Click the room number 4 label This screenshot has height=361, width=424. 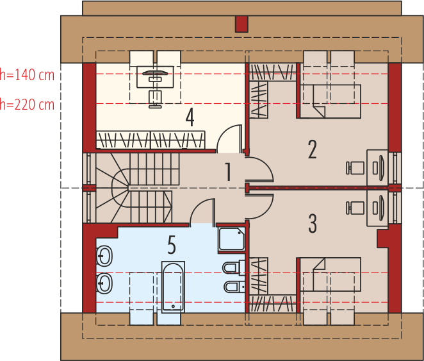pyautogui.click(x=190, y=117)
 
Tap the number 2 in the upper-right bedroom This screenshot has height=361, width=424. pyautogui.click(x=313, y=149)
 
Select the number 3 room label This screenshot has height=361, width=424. pyautogui.click(x=313, y=223)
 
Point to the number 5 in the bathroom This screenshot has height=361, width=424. pyautogui.click(x=172, y=245)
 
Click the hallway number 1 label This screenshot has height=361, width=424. pyautogui.click(x=229, y=172)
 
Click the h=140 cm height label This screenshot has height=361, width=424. pyautogui.click(x=27, y=75)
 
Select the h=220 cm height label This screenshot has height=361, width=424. pyautogui.click(x=27, y=105)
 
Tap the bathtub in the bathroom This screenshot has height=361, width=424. pyautogui.click(x=173, y=287)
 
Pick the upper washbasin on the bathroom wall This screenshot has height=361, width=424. pyautogui.click(x=104, y=256)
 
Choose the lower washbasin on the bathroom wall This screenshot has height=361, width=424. pyautogui.click(x=104, y=283)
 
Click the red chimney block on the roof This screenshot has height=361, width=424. pyautogui.click(x=241, y=24)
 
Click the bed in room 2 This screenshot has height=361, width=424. pyautogui.click(x=330, y=101)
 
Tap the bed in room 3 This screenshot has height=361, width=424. pyautogui.click(x=330, y=274)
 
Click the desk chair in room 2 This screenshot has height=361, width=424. pyautogui.click(x=355, y=168)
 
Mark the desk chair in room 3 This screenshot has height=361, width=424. pyautogui.click(x=355, y=208)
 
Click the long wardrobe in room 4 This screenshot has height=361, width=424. pyautogui.click(x=151, y=140)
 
